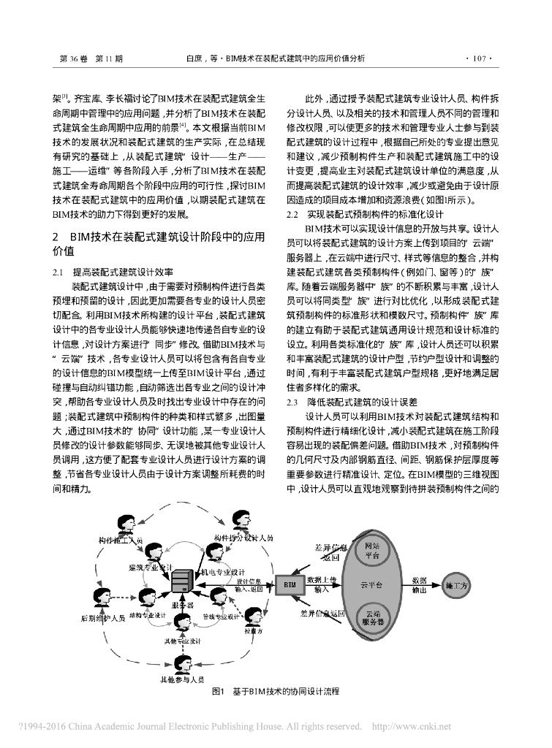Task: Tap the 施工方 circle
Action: point(457,585)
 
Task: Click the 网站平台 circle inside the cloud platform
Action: point(371,551)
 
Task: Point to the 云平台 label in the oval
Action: point(371,585)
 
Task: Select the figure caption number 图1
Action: point(217,690)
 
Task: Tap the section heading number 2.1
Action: point(59,272)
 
